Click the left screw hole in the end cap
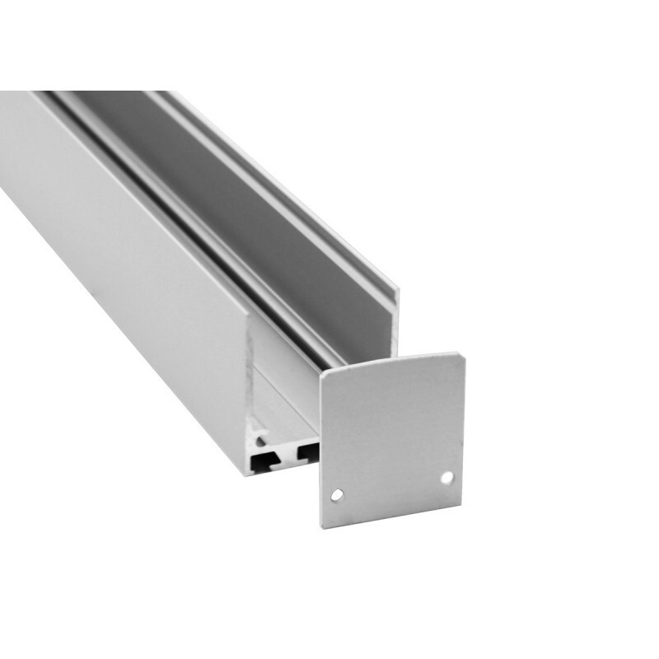[x=337, y=494]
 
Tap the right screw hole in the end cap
[x=446, y=477]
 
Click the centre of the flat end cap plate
[x=392, y=441]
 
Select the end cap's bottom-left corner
[x=324, y=526]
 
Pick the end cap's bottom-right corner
[x=464, y=504]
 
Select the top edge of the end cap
[x=392, y=363]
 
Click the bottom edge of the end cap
[x=394, y=516]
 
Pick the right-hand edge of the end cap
[x=464, y=428]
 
